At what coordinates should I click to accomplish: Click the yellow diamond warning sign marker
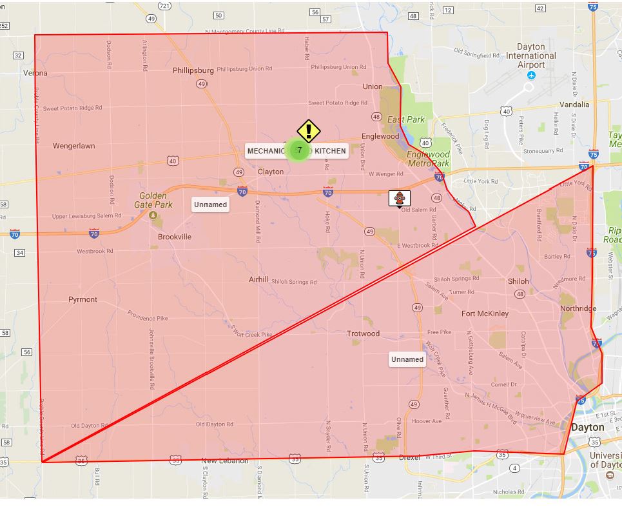pos(309,131)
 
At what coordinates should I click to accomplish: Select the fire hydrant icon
pos(400,198)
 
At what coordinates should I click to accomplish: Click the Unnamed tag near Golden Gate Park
pos(210,204)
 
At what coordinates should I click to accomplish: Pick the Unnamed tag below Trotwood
pos(407,359)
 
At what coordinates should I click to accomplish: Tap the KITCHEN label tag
pos(330,151)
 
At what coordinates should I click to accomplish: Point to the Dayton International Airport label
pos(531,56)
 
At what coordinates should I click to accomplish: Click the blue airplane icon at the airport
pos(531,75)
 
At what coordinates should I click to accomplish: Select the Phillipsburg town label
pos(193,70)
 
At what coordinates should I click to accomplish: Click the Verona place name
pos(35,73)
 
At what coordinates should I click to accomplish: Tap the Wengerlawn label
pos(73,146)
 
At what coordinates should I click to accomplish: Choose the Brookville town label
pos(175,237)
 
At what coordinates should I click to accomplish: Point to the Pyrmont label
pos(83,299)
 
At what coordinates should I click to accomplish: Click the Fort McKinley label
pos(485,313)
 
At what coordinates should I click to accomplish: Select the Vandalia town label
pos(574,104)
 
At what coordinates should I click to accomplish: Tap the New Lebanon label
pos(224,461)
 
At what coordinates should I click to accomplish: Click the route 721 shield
pos(164,6)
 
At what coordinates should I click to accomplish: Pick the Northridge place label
pos(578,308)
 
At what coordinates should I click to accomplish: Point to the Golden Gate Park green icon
pos(153,215)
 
